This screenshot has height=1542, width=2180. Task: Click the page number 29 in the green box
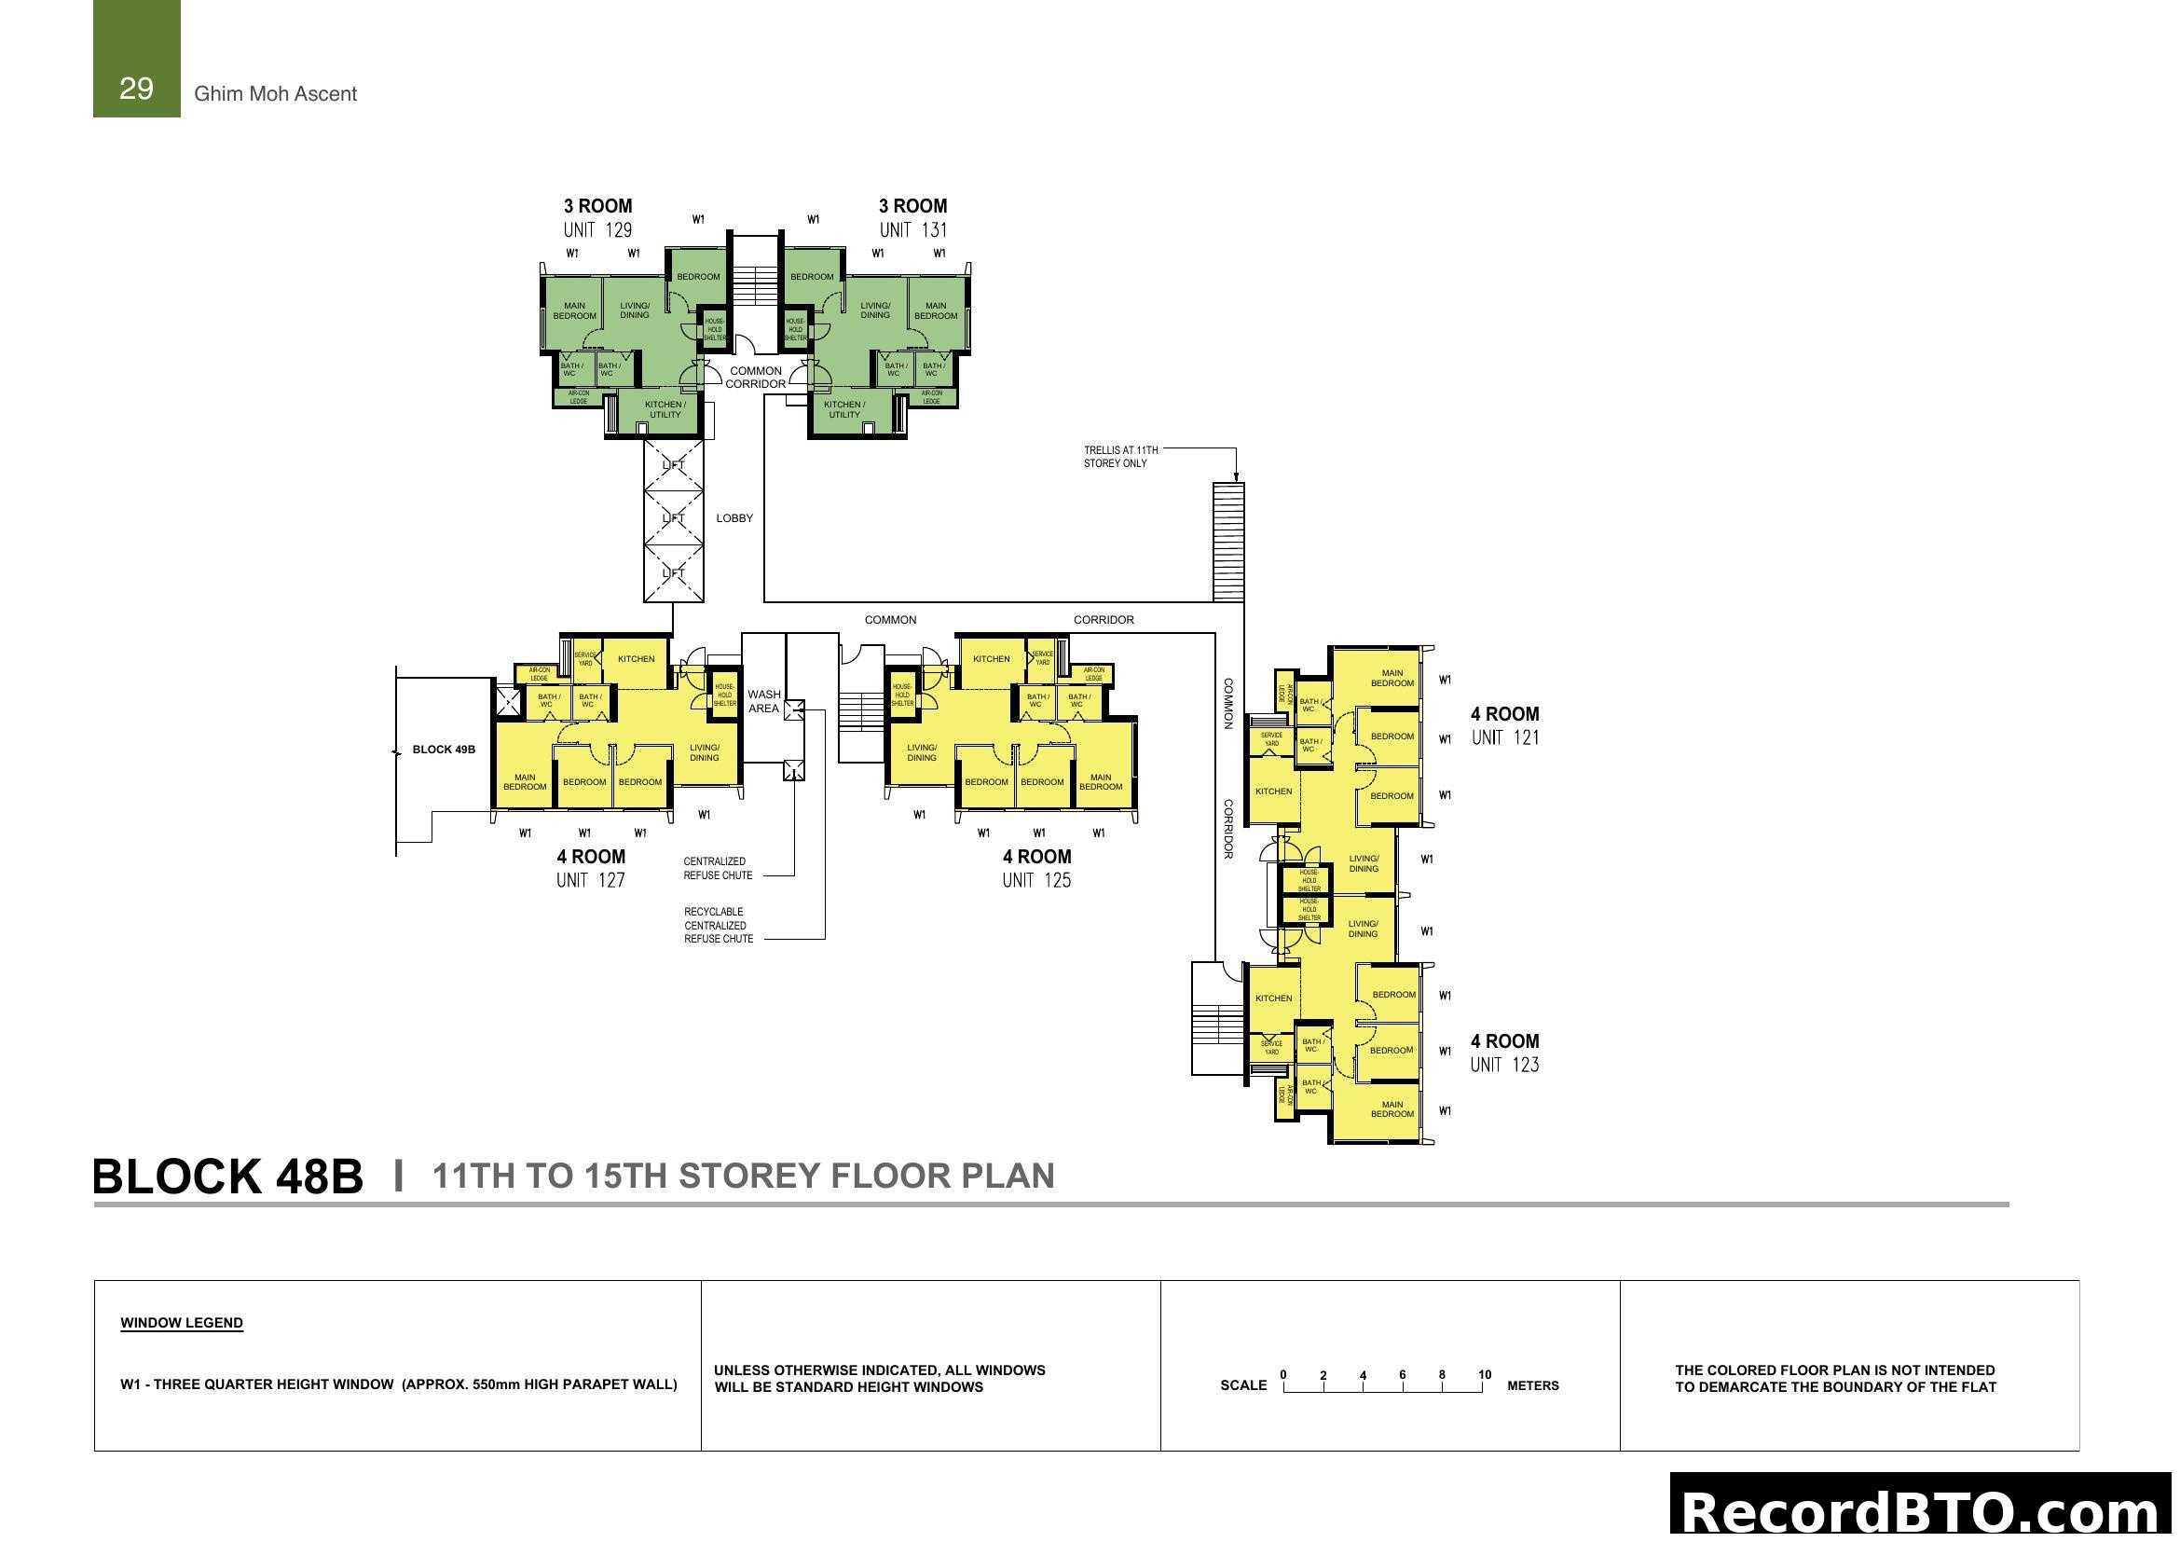pyautogui.click(x=136, y=89)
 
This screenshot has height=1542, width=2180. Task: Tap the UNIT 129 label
pyautogui.click(x=597, y=229)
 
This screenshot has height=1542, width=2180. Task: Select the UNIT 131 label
pyautogui.click(x=912, y=229)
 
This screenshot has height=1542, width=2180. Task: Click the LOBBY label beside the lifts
pyautogui.click(x=734, y=518)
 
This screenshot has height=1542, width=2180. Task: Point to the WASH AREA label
pyautogui.click(x=763, y=702)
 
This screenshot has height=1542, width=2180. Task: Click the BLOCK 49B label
pyautogui.click(x=444, y=750)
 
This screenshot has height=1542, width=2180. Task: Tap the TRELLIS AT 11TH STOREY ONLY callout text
pyautogui.click(x=1120, y=457)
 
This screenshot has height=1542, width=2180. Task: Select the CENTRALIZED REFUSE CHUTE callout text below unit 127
pyautogui.click(x=718, y=869)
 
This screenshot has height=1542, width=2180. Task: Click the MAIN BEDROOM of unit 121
pyautogui.click(x=1392, y=678)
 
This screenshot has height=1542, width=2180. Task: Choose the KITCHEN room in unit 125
pyautogui.click(x=992, y=659)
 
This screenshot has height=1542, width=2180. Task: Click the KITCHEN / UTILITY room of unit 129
pyautogui.click(x=665, y=409)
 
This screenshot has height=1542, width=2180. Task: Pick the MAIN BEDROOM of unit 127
pyautogui.click(x=524, y=782)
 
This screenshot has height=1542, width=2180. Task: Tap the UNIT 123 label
pyautogui.click(x=1504, y=1066)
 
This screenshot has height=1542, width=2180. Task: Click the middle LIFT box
pyautogui.click(x=673, y=518)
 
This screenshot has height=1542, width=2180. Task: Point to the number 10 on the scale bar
pyautogui.click(x=1484, y=1375)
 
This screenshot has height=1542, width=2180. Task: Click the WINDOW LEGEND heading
pyautogui.click(x=182, y=1323)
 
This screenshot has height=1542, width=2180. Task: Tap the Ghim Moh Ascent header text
pyautogui.click(x=275, y=94)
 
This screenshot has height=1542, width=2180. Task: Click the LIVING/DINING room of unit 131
pyautogui.click(x=874, y=310)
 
